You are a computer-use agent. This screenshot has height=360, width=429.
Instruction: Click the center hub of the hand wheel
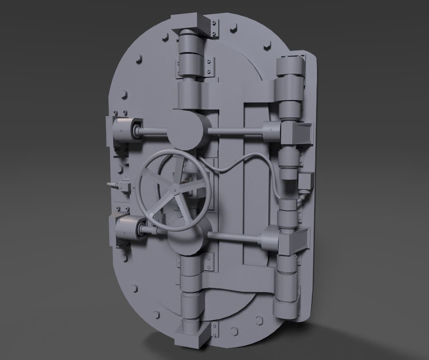coord(176,189)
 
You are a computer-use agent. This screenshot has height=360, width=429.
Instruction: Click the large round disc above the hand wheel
coord(187,131)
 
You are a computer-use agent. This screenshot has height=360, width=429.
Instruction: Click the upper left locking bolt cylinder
coord(126,129)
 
